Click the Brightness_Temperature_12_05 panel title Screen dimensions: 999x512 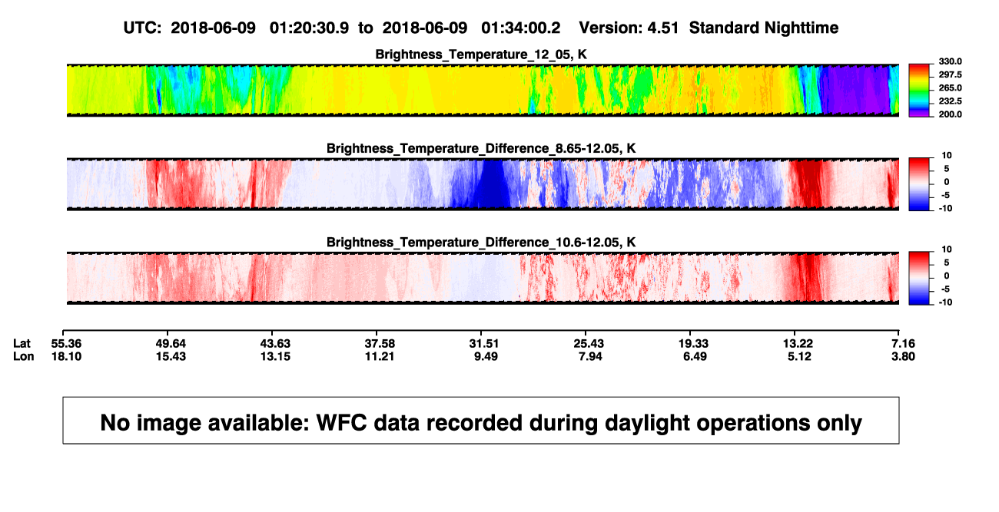481,55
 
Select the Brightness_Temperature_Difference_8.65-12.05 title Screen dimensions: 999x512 481,148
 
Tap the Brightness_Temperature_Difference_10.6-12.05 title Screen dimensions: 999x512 481,243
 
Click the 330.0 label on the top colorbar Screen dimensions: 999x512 950,61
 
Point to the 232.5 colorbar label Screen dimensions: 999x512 950,101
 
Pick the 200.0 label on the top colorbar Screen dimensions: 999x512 950,114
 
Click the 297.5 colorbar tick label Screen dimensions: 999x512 950,75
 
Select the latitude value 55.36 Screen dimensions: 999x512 66,344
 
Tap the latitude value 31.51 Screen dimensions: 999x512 484,344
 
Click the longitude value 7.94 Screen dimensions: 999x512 590,357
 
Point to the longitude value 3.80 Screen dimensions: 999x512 903,357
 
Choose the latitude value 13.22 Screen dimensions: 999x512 798,344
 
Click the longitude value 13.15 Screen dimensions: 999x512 275,357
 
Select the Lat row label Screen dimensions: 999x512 22,344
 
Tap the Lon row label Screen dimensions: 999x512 24,357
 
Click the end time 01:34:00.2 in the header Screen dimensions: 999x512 521,28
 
